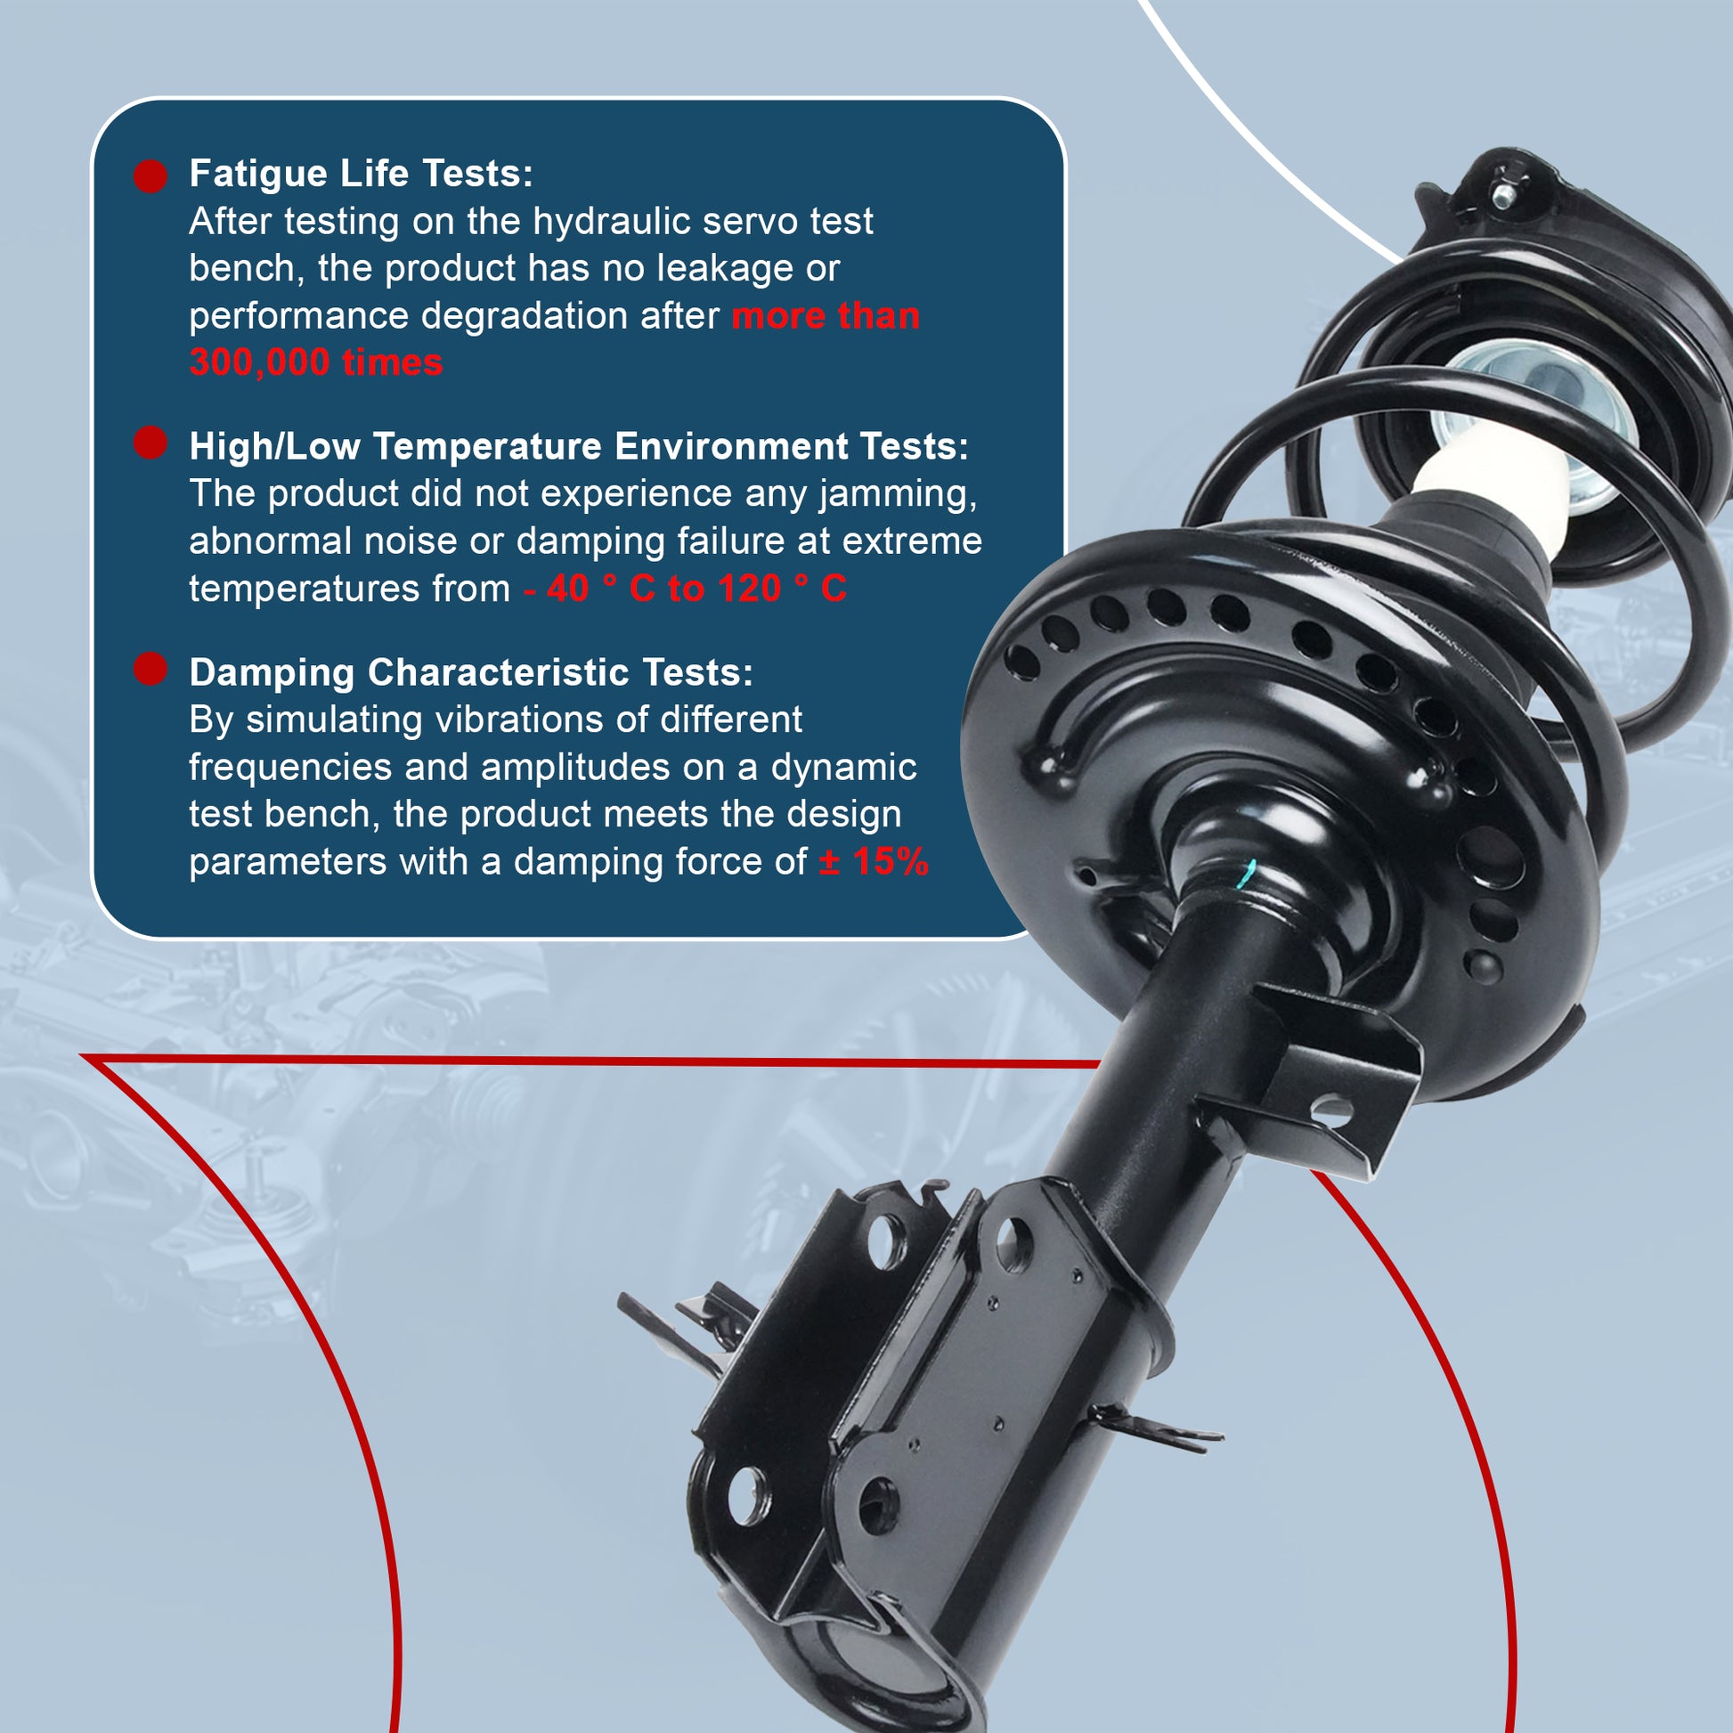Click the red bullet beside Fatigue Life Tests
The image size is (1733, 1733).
pos(151,175)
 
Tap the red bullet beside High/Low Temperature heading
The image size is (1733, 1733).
pos(151,443)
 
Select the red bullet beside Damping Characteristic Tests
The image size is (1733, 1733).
pos(151,669)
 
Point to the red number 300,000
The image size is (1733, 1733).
pos(260,363)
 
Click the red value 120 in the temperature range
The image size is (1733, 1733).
pos(750,590)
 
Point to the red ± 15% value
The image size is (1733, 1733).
pos(874,862)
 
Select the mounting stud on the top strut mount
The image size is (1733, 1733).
pos(1501,195)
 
